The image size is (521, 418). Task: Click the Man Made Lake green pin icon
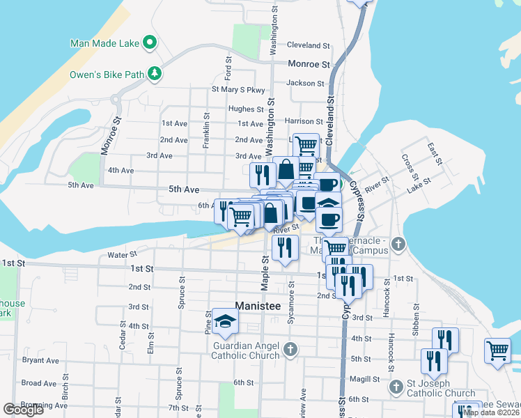(x=149, y=43)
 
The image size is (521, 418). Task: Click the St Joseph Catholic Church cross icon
(x=396, y=386)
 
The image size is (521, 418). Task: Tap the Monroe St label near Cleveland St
(x=309, y=64)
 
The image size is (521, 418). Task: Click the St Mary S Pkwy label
(x=239, y=90)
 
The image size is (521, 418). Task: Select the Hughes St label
(x=241, y=109)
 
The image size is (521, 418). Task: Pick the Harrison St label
(x=305, y=121)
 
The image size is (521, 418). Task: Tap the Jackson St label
(x=305, y=83)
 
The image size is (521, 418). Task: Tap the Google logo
(x=23, y=410)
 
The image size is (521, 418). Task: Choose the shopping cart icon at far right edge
(x=498, y=352)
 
